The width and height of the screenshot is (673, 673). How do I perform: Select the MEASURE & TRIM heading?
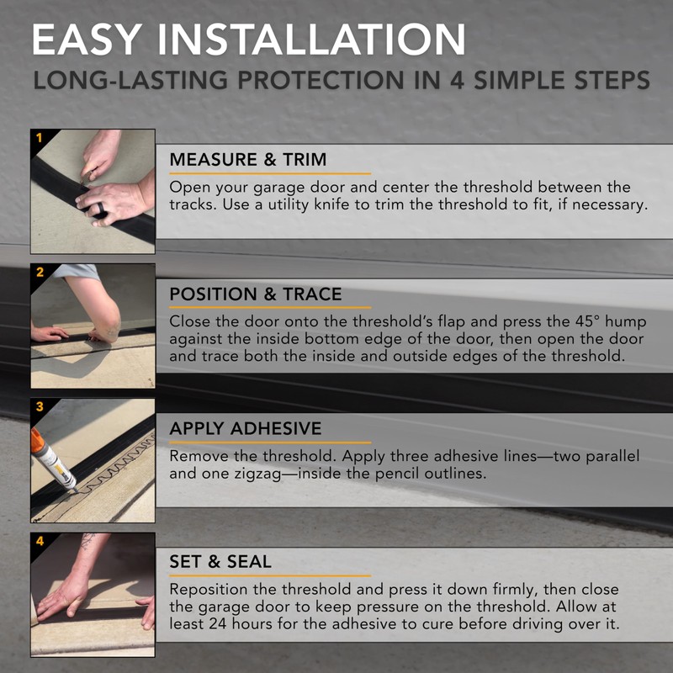248,160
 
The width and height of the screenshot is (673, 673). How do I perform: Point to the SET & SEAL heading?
220,560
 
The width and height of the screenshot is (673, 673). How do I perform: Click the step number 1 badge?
37,135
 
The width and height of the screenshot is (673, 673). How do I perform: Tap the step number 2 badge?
37,270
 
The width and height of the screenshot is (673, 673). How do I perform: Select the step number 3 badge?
37,405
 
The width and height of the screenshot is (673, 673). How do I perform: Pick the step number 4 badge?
37,539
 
